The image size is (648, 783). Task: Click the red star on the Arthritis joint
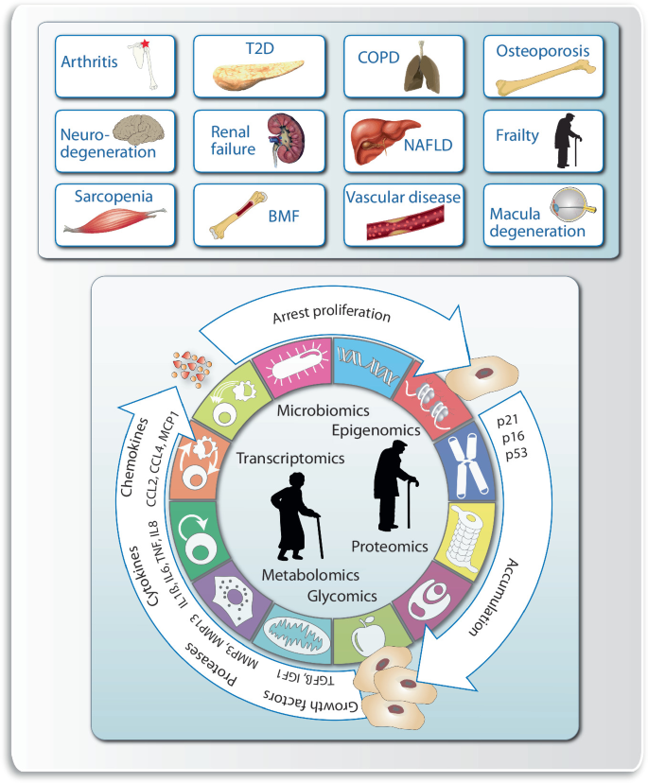click(145, 43)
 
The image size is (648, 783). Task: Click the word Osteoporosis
click(542, 50)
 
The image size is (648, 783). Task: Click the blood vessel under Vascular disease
click(401, 226)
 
